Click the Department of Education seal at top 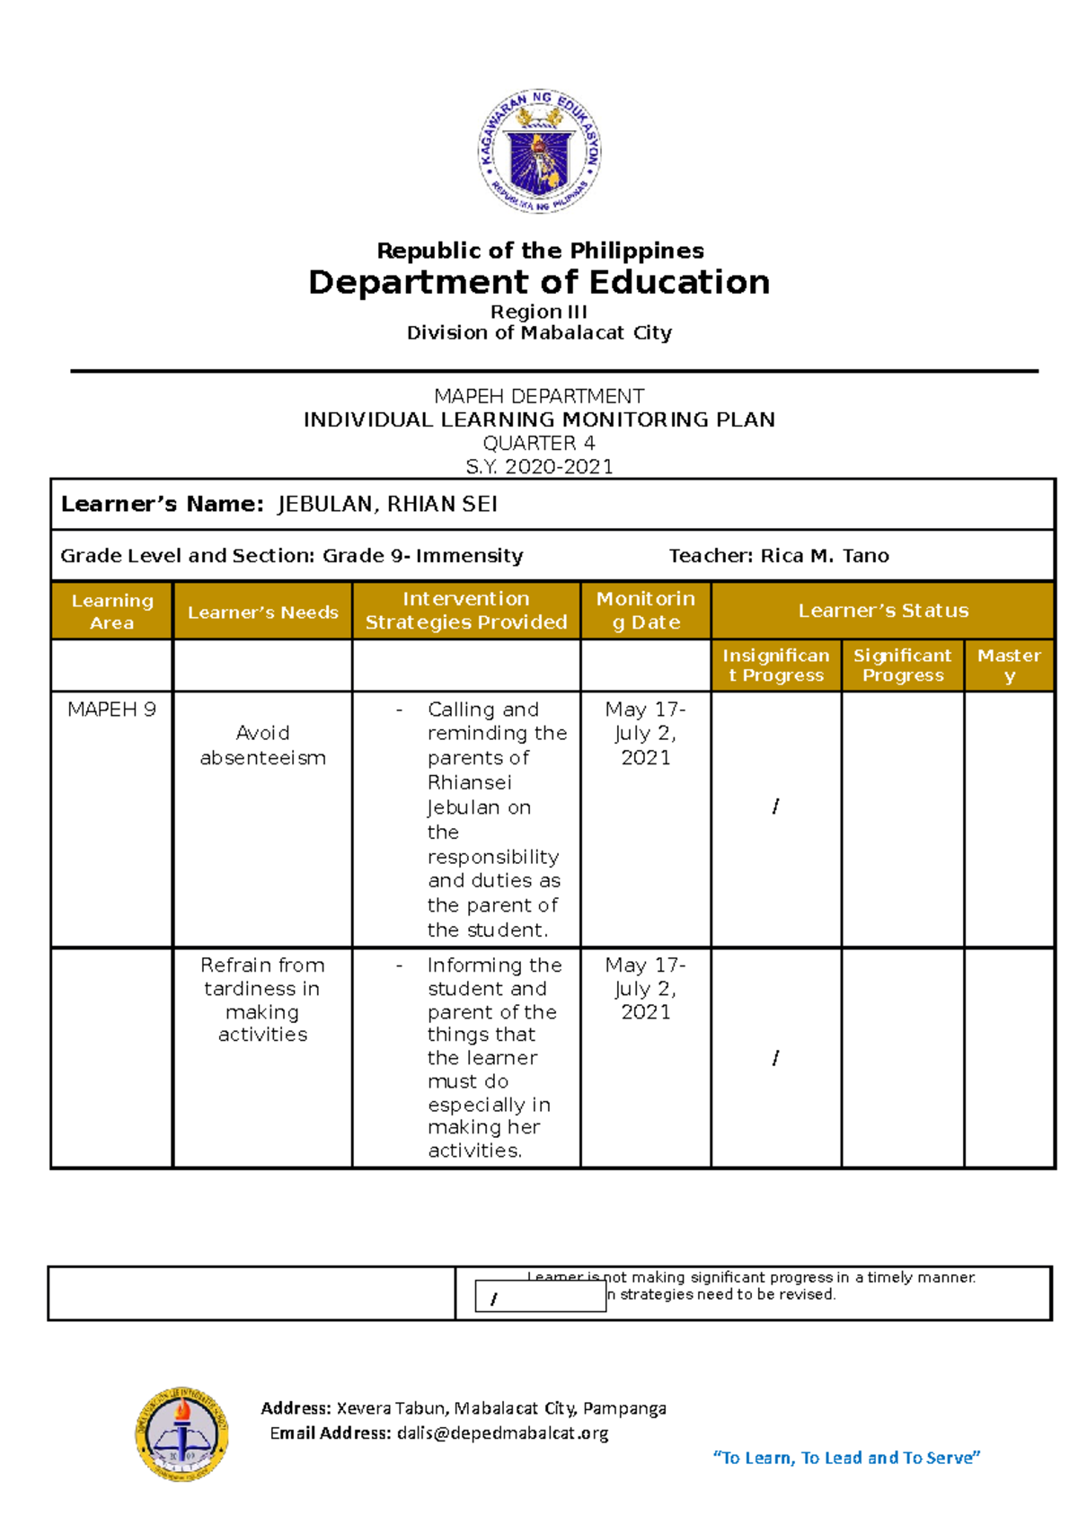[539, 152]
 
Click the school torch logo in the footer [181, 1433]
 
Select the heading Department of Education [539, 282]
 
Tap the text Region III [539, 312]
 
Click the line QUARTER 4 [539, 443]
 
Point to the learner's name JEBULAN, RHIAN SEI [387, 505]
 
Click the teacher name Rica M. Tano [825, 556]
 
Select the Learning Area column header [112, 611]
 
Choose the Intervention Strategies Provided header [466, 611]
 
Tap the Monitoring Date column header [646, 611]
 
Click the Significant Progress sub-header [903, 666]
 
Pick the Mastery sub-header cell [1009, 666]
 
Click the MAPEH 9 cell [111, 710]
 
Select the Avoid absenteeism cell [262, 745]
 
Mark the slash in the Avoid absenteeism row [775, 807]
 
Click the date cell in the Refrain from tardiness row [646, 988]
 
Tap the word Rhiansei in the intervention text [470, 782]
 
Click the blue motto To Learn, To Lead [846, 1458]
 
